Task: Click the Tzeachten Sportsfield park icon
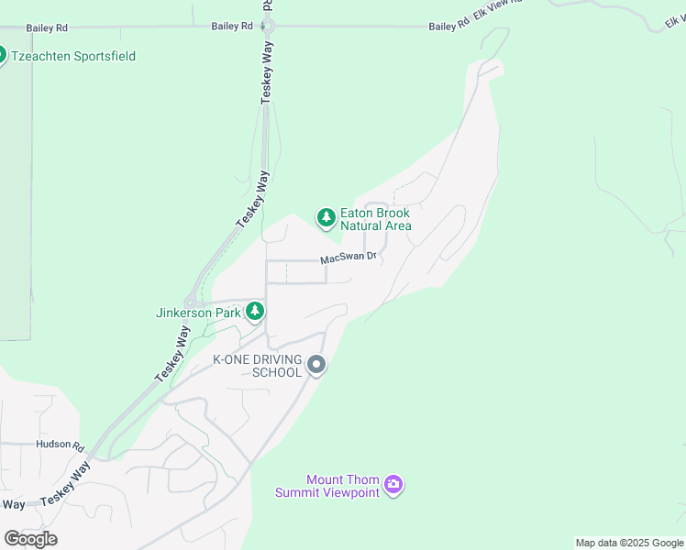(x=3, y=56)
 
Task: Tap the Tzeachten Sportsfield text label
(x=73, y=56)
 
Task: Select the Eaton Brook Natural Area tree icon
(x=326, y=218)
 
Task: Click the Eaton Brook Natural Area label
(x=375, y=219)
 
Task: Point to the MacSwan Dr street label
(x=349, y=259)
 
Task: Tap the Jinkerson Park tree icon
(x=255, y=312)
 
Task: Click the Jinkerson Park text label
(x=198, y=313)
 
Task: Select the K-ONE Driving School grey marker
(x=316, y=366)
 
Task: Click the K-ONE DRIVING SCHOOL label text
(x=258, y=366)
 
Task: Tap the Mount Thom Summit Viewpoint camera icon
(x=393, y=484)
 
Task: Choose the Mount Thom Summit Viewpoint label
(x=327, y=486)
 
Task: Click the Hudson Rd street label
(x=61, y=445)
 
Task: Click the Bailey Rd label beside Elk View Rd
(x=448, y=27)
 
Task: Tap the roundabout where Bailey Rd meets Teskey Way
(x=271, y=27)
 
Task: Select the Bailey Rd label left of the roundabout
(x=231, y=27)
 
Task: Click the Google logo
(x=30, y=538)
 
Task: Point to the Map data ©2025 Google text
(x=629, y=543)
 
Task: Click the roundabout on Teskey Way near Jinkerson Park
(x=191, y=302)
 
